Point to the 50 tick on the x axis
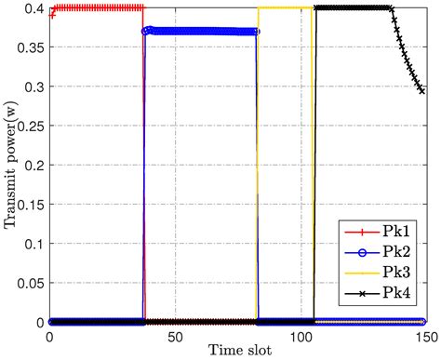pos(175,335)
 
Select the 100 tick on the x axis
pos(301,335)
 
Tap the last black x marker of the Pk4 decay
pos(422,91)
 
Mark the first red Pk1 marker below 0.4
pos(51,16)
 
